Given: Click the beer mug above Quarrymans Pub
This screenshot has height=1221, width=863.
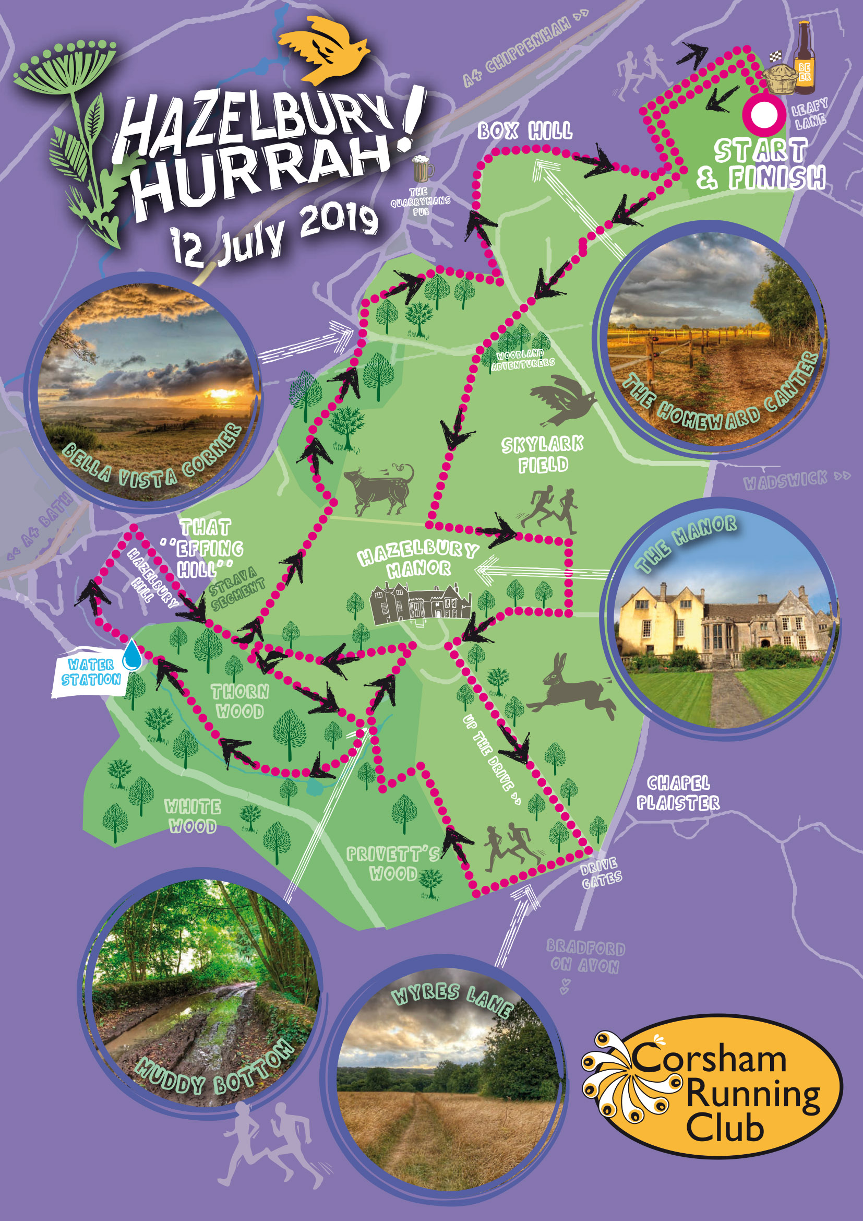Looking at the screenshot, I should point(423,169).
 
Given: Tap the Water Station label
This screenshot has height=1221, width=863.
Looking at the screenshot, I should point(91,673).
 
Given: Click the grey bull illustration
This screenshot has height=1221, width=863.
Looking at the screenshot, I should point(378,489).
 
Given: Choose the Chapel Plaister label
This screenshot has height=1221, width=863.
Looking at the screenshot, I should point(678,792).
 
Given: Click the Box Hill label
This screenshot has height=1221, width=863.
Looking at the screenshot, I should point(524,131).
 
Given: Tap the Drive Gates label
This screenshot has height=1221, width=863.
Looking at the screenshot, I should point(601,873).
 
